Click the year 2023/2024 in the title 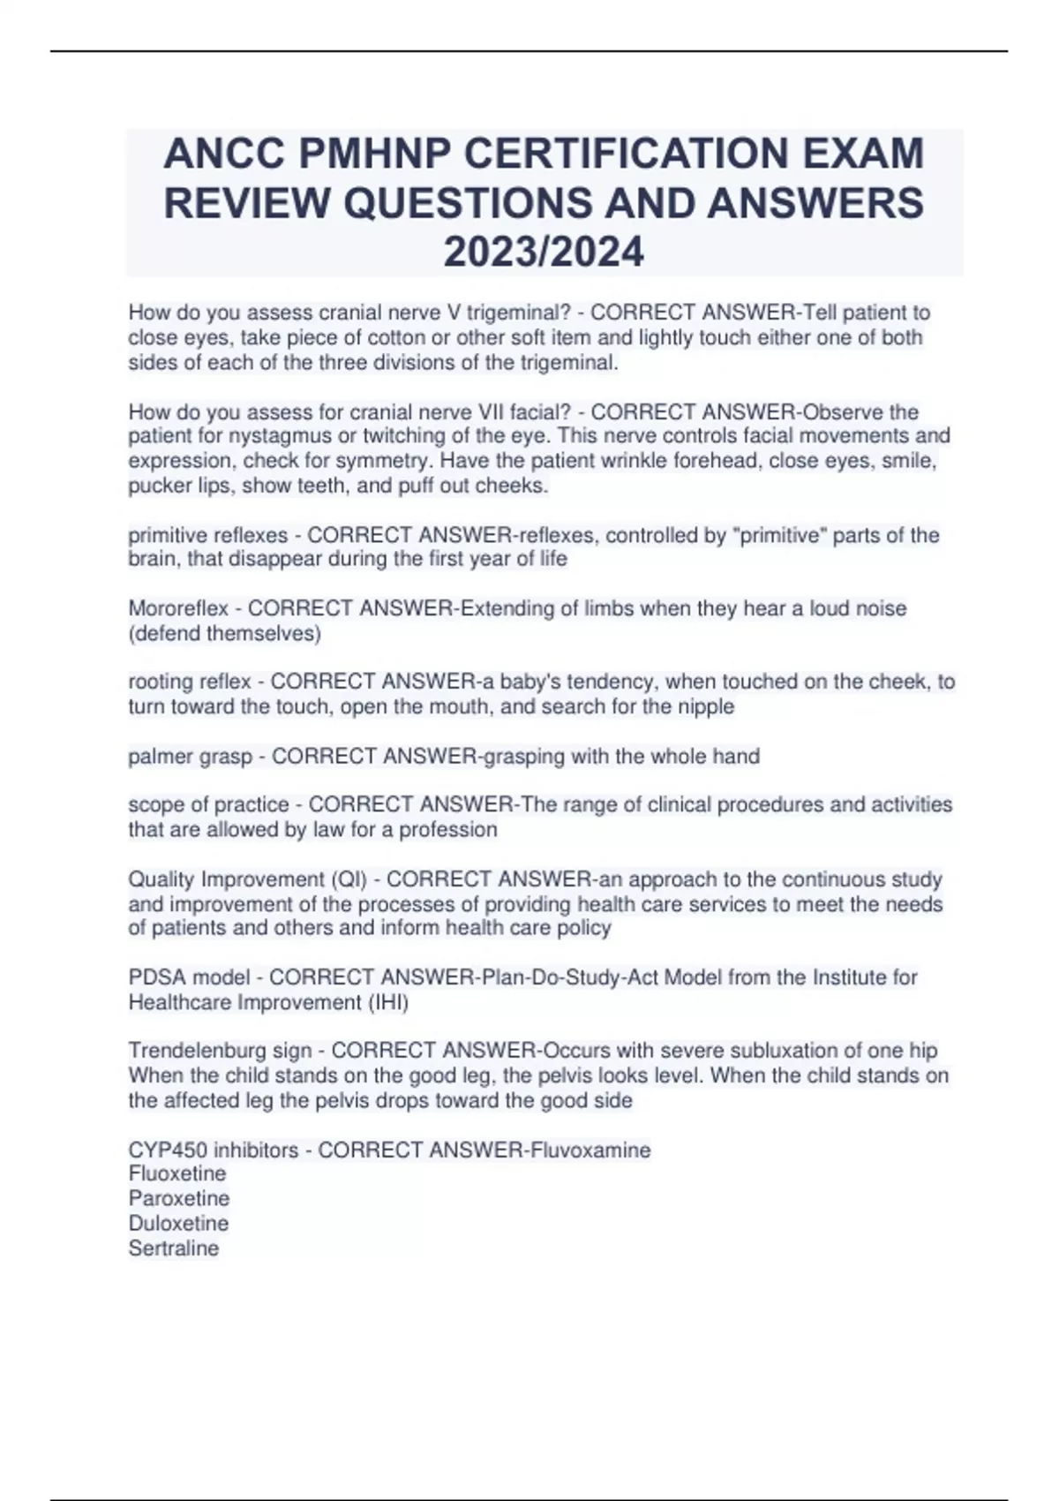tap(544, 252)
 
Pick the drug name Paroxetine tap(179, 1199)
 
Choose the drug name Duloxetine tap(178, 1224)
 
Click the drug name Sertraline tap(174, 1248)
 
